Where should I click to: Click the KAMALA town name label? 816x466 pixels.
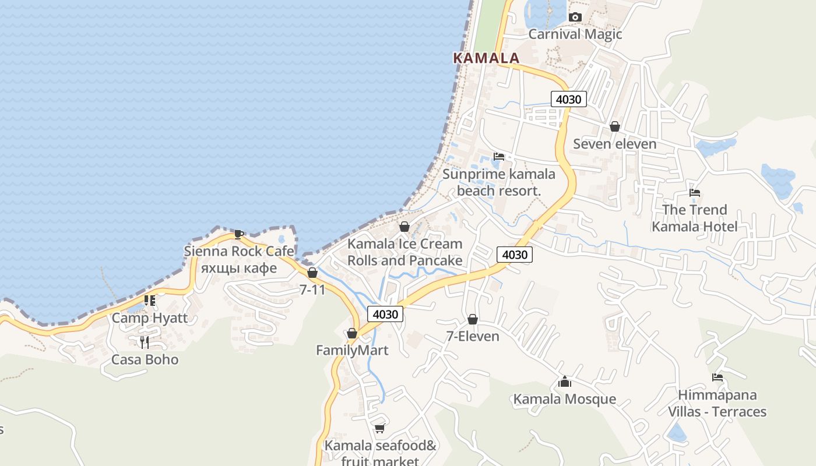click(x=486, y=58)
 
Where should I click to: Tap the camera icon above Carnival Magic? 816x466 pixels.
click(x=575, y=17)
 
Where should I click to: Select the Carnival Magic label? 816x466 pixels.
click(x=575, y=34)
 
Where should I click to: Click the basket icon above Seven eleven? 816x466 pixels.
click(x=614, y=126)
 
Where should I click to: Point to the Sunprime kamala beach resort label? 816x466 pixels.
click(x=499, y=182)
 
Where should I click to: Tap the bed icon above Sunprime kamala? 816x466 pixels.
click(x=499, y=157)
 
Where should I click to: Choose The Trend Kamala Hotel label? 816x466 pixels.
click(x=694, y=218)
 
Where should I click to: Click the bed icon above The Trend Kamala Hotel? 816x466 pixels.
click(x=694, y=193)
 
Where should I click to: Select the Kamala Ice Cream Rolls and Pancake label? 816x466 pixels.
click(x=405, y=252)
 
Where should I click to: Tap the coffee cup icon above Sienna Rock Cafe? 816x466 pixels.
click(x=238, y=234)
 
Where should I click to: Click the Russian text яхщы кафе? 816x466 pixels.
click(x=238, y=268)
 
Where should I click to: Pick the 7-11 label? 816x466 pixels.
click(x=312, y=289)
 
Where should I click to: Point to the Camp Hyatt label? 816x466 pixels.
click(x=150, y=317)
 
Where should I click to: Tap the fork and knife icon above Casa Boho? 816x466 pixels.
click(x=145, y=342)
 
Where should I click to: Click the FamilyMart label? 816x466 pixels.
click(x=352, y=350)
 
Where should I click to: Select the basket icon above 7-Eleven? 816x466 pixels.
click(x=473, y=319)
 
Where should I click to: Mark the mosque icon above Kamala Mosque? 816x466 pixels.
click(x=564, y=382)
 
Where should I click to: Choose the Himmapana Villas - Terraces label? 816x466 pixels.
click(x=717, y=403)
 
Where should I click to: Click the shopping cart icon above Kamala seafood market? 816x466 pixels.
click(x=380, y=429)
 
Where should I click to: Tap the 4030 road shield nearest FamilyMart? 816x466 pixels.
click(x=385, y=315)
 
